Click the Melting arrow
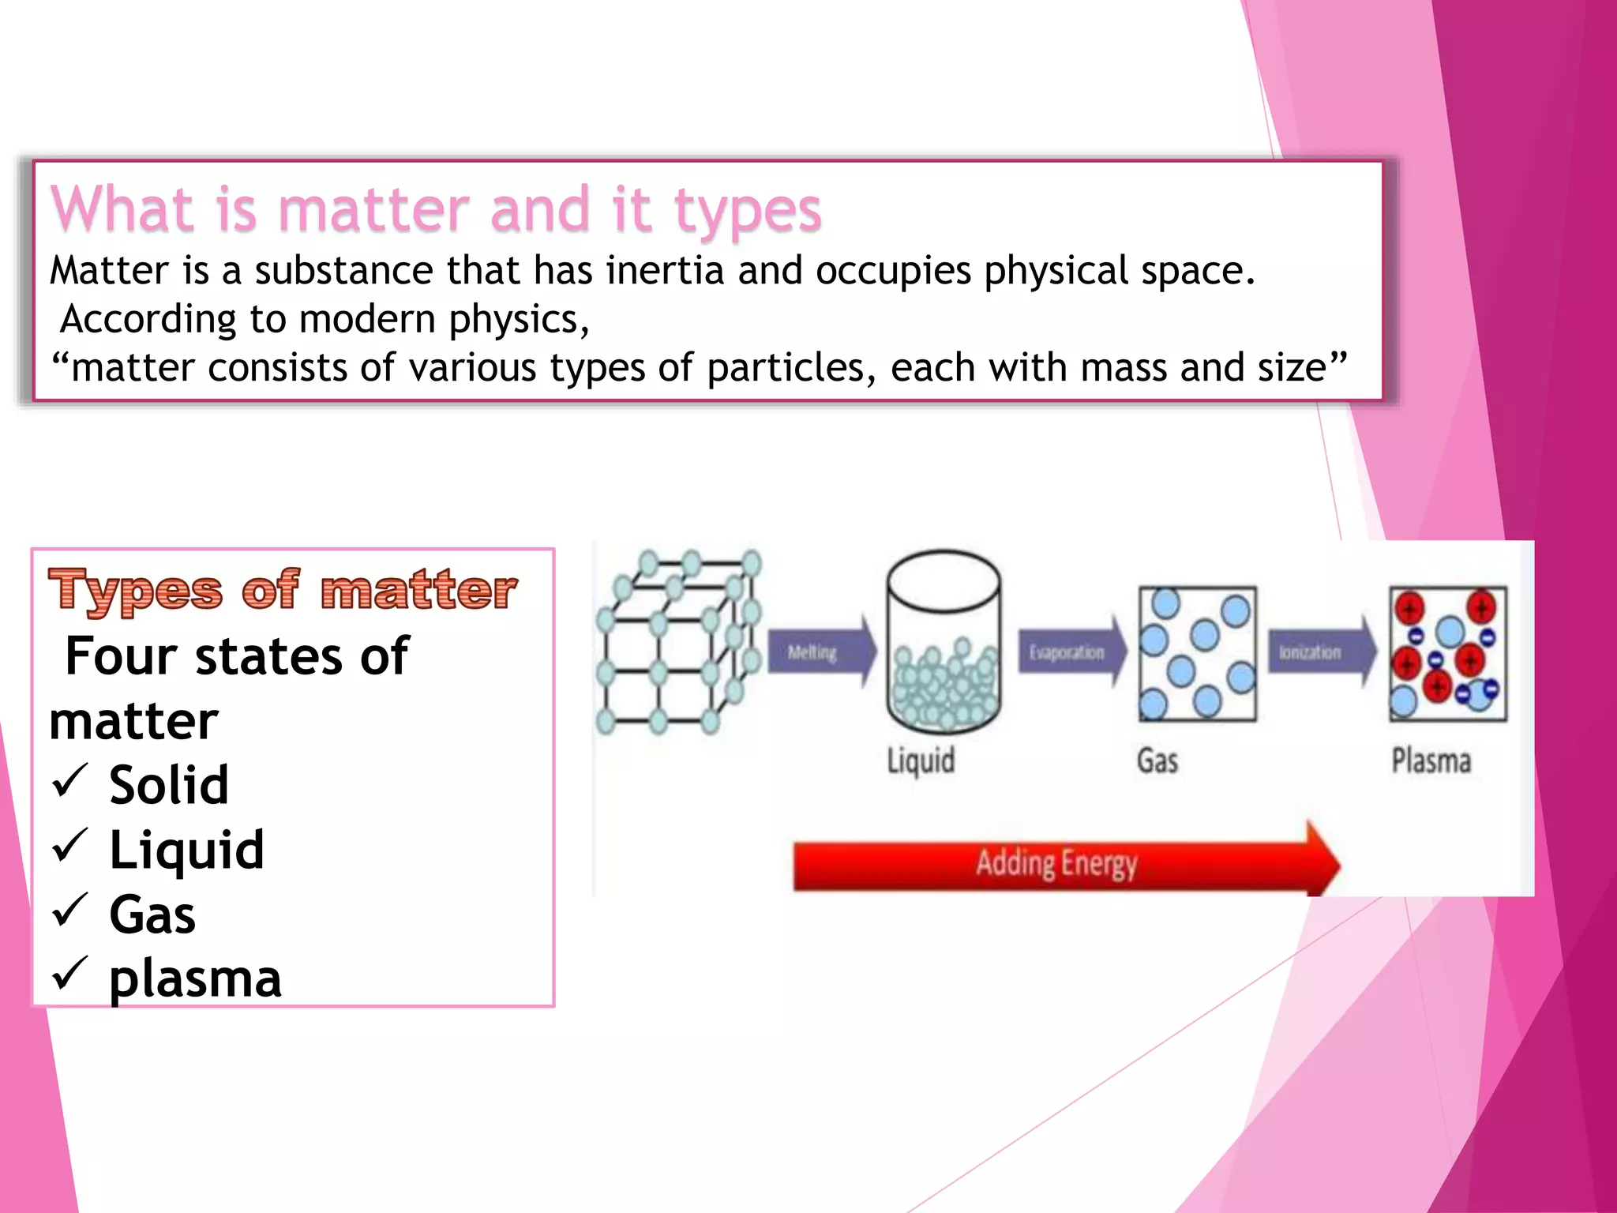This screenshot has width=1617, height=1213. click(x=821, y=652)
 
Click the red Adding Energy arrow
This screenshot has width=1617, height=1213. click(x=1066, y=862)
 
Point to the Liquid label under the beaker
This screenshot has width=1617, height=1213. click(x=921, y=760)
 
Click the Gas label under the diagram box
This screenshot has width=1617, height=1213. click(x=1157, y=760)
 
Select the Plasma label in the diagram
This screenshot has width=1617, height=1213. click(x=1431, y=760)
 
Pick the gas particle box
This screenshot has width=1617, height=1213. click(x=1197, y=654)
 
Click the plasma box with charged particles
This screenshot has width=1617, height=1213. click(x=1448, y=654)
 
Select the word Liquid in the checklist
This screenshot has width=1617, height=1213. click(x=186, y=850)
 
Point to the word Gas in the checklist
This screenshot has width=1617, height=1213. click(x=152, y=914)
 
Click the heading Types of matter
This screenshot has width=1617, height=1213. click(x=283, y=590)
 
